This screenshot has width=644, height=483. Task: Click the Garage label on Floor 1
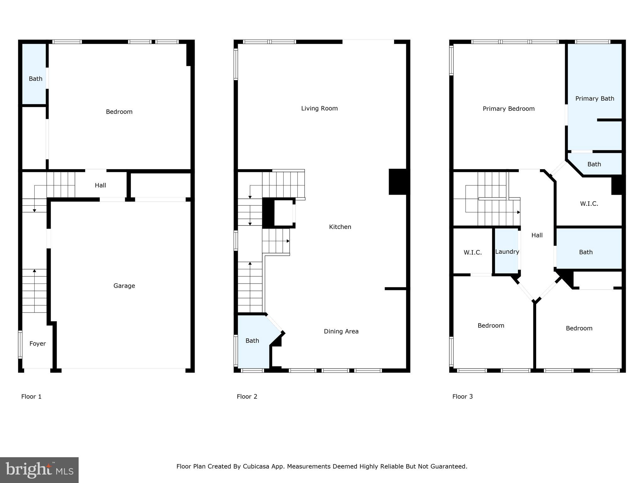pyautogui.click(x=124, y=286)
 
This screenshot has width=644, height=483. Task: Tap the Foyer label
pyautogui.click(x=37, y=343)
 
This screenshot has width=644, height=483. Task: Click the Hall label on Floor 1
pyautogui.click(x=100, y=185)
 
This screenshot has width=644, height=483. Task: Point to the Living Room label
pyautogui.click(x=319, y=108)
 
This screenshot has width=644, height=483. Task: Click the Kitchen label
pyautogui.click(x=340, y=227)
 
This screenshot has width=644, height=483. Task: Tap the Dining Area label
pyautogui.click(x=341, y=331)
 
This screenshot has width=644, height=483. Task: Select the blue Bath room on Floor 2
pyautogui.click(x=252, y=341)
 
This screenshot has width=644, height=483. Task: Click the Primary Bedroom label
pyautogui.click(x=508, y=108)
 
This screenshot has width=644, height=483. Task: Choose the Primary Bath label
pyautogui.click(x=594, y=98)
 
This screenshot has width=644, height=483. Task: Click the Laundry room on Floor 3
pyautogui.click(x=507, y=252)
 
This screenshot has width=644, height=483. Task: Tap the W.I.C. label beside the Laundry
pyautogui.click(x=472, y=252)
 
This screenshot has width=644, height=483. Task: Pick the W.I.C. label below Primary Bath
pyautogui.click(x=589, y=203)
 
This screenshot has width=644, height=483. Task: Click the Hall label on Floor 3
pyautogui.click(x=537, y=235)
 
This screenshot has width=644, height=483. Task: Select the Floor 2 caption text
pyautogui.click(x=247, y=397)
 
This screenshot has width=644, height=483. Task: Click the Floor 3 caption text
pyautogui.click(x=462, y=397)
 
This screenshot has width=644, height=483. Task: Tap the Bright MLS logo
pyautogui.click(x=39, y=470)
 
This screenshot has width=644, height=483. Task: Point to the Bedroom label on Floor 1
pyautogui.click(x=119, y=112)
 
